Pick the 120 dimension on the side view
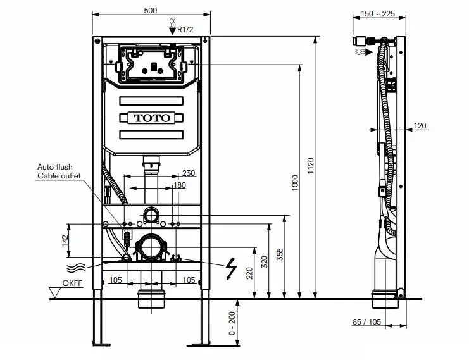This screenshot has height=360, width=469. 420,126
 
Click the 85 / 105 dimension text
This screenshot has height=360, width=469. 367,322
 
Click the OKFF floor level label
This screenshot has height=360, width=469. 72,283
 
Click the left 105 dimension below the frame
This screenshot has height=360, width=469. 115,280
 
